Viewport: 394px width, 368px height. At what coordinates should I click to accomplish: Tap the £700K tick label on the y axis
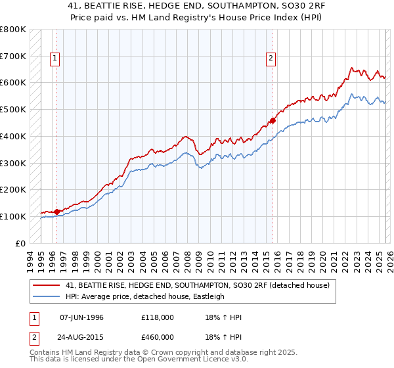pos(12,56)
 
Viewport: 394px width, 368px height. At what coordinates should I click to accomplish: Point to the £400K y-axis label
pos(12,136)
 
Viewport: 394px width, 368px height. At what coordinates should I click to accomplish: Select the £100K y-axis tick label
pos(12,216)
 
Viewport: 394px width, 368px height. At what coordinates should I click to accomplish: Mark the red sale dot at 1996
pos(57,212)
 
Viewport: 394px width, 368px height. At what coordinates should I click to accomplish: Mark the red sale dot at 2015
pos(273,120)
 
